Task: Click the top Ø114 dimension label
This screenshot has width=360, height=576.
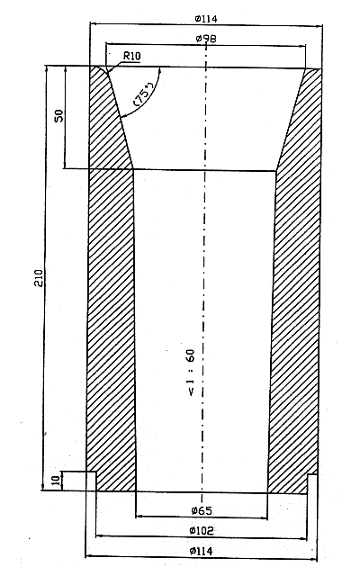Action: click(206, 19)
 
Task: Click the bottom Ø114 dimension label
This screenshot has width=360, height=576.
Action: click(202, 551)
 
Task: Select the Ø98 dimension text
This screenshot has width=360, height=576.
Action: click(206, 39)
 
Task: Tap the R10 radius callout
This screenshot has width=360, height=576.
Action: click(131, 56)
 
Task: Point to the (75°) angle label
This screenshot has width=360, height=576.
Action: click(144, 94)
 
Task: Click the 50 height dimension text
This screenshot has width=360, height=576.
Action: click(59, 116)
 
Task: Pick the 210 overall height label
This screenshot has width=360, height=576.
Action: click(39, 278)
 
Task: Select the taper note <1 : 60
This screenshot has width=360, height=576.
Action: click(192, 373)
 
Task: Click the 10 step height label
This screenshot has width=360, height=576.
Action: click(56, 481)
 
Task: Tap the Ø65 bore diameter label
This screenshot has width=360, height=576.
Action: click(202, 510)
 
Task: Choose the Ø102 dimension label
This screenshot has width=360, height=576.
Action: click(202, 530)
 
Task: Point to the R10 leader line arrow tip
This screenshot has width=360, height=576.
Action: click(107, 71)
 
